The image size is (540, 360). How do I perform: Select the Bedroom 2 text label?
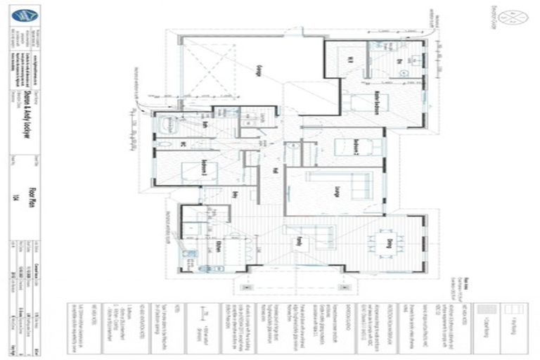pyautogui.click(x=357, y=146)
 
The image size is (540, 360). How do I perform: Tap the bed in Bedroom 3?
pyautogui.click(x=190, y=169)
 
